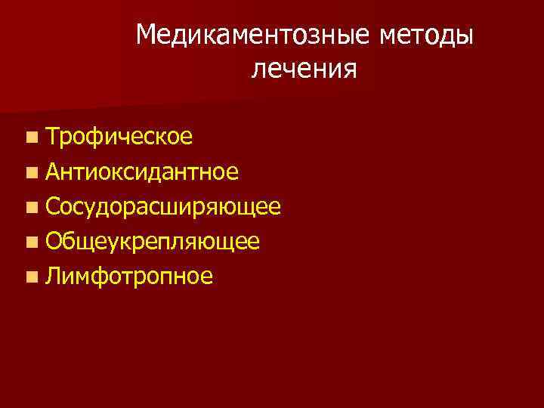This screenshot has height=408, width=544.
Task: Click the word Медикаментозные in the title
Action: coord(254,36)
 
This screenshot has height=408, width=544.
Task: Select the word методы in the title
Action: coord(425,36)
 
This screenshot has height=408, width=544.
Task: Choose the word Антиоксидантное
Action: coord(142,172)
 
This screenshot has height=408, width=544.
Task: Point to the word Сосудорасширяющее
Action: coord(163,206)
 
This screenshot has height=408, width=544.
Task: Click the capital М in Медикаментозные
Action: coord(148,35)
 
